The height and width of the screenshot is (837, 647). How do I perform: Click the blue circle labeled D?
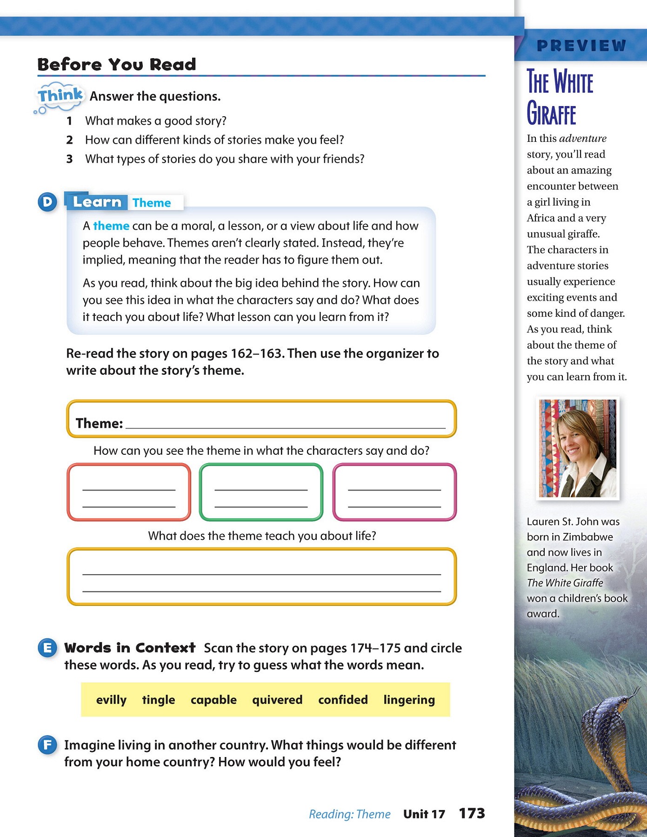(x=47, y=202)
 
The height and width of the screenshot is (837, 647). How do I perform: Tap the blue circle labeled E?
(x=47, y=648)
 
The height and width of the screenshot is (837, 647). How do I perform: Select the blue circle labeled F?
(x=47, y=745)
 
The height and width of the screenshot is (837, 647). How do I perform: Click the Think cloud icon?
(x=60, y=97)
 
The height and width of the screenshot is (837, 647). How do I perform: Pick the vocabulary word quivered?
(x=277, y=700)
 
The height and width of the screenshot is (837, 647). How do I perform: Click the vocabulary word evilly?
(x=111, y=700)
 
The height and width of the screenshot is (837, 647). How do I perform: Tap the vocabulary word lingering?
(x=409, y=700)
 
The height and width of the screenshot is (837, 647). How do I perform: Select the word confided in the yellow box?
(x=343, y=700)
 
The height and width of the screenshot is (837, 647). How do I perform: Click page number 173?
(x=472, y=813)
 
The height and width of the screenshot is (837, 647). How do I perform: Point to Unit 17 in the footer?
(x=424, y=814)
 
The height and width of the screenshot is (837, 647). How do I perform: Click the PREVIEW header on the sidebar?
(x=581, y=46)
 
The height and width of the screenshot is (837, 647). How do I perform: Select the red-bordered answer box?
(x=129, y=492)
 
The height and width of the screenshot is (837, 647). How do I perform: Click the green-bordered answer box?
(x=261, y=492)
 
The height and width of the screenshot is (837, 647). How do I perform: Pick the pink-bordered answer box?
(x=394, y=492)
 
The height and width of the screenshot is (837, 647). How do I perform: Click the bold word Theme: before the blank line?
(x=99, y=423)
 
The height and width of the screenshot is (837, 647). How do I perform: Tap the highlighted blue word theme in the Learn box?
(x=111, y=226)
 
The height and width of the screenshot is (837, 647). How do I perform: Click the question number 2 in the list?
(x=69, y=140)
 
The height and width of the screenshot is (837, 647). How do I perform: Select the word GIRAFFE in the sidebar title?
(x=551, y=114)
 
